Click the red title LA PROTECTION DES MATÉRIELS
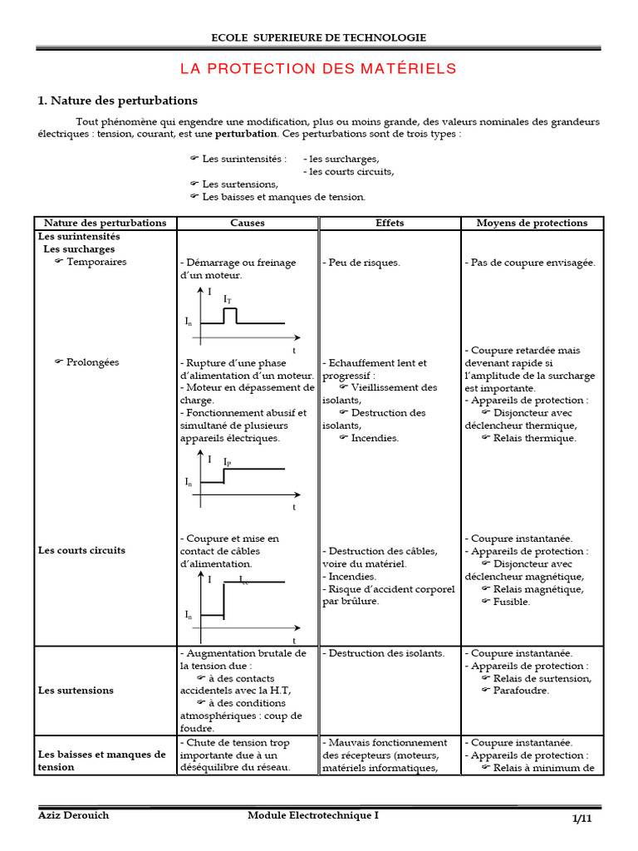(318, 68)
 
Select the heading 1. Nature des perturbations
(117, 101)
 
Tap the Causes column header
(248, 223)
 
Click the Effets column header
(390, 223)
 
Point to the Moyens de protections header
(532, 223)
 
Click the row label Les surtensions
(76, 690)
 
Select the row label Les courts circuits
(82, 550)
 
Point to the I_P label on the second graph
(228, 460)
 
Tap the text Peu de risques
(361, 263)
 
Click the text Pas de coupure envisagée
(530, 263)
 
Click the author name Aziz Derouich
(74, 815)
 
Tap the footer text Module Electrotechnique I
(312, 815)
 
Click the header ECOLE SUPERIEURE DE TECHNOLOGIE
(319, 37)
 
